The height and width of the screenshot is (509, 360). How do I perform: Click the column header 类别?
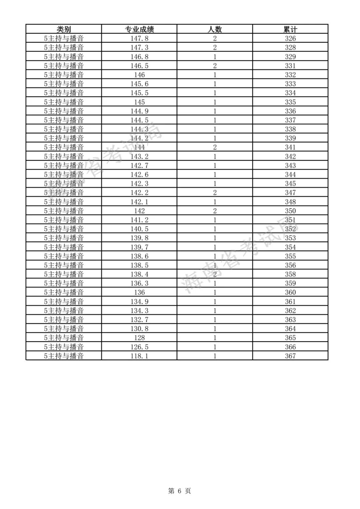pos(64,29)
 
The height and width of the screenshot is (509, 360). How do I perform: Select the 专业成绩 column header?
pos(139,29)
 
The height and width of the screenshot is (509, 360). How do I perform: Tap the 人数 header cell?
pos(215,29)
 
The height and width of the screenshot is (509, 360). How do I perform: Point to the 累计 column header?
pos(290,29)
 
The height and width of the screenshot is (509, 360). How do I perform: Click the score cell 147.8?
pos(139,38)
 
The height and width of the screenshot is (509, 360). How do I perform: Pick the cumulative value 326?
pos(290,38)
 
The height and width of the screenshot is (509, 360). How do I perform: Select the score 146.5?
pos(139,66)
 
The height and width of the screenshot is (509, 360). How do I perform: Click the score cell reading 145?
pos(139,102)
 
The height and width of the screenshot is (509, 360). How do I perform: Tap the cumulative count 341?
pos(290,147)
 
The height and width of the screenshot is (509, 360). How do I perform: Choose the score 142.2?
pos(139,193)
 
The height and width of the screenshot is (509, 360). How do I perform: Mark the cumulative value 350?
pos(290,211)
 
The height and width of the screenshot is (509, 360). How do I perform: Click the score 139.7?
pos(139,247)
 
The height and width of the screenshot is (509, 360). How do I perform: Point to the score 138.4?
pos(139,274)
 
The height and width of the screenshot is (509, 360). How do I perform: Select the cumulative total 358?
pos(290,274)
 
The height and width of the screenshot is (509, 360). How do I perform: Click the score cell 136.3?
pos(139,283)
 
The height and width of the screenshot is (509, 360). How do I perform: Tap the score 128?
pos(139,337)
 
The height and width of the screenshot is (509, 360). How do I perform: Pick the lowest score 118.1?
pos(139,356)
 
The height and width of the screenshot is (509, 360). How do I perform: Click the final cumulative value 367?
pos(290,356)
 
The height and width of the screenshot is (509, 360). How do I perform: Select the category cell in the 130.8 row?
pos(64,328)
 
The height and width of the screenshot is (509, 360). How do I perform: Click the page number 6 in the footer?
pos(179,491)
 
